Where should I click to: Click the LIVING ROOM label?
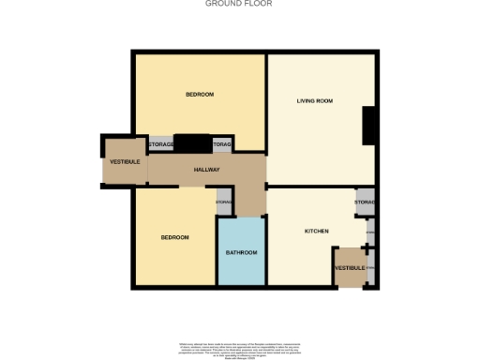tap(316, 100)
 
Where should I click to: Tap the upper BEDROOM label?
tap(199, 94)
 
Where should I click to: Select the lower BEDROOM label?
tap(174, 237)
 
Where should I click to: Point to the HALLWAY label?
tap(206, 170)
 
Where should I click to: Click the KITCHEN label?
tap(316, 231)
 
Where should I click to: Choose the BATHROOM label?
tap(241, 253)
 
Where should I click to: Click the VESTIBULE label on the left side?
tap(124, 162)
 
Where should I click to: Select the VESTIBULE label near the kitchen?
tap(350, 268)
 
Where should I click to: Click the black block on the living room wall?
tap(369, 126)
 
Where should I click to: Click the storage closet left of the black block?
tap(160, 144)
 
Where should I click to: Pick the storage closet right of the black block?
tap(222, 144)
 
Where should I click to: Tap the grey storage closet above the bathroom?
tap(224, 203)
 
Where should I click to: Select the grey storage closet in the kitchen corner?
tap(365, 202)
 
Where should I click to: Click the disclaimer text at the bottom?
tap(240, 348)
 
